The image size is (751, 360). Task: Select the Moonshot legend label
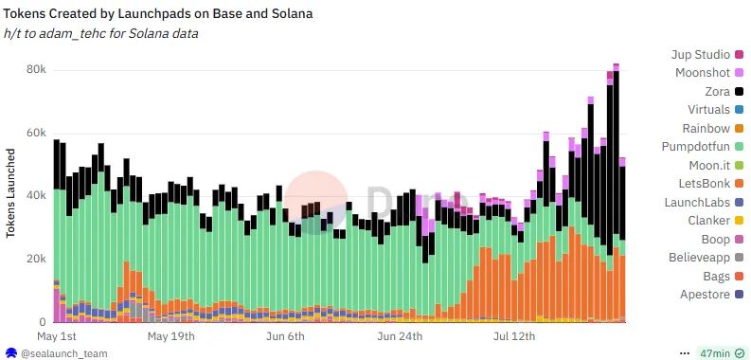703,73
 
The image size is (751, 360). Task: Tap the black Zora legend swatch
739,92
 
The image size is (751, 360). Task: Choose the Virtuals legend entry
716,110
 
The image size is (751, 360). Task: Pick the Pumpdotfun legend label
695,147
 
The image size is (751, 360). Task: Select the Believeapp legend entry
706,258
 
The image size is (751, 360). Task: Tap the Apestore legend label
705,295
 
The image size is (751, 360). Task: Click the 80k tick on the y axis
36,70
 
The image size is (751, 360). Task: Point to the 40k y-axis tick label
36,195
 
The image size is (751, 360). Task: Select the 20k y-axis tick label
36,259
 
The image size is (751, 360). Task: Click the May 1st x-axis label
57,336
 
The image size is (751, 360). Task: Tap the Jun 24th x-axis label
400,336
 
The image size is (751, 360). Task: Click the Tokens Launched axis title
10,193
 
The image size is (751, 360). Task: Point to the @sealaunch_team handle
63,353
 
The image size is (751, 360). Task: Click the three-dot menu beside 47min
685,353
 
